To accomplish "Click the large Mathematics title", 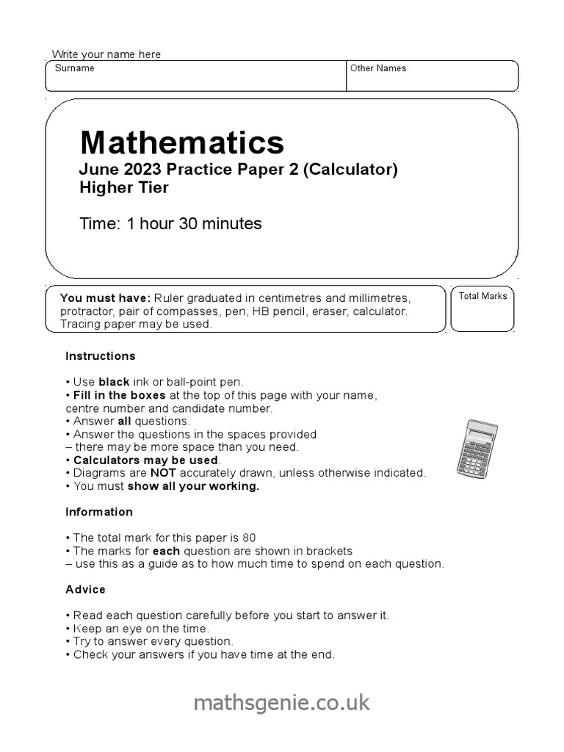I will (x=181, y=142).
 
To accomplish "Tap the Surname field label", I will (x=74, y=68).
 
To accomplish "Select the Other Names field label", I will (x=378, y=68).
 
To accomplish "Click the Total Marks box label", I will (x=483, y=296).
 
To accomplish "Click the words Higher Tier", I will (x=124, y=187).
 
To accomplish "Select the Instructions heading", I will (x=101, y=356).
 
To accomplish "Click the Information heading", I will (x=99, y=512).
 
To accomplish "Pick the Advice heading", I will (x=85, y=590).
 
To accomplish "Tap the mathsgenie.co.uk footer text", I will (x=282, y=703).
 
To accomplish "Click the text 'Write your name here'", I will (x=106, y=54).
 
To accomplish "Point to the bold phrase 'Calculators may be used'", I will (x=145, y=460).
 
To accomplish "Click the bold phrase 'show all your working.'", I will (x=193, y=486).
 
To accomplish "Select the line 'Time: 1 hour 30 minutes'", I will (x=170, y=223).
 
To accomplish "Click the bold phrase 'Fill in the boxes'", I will (x=119, y=395).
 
